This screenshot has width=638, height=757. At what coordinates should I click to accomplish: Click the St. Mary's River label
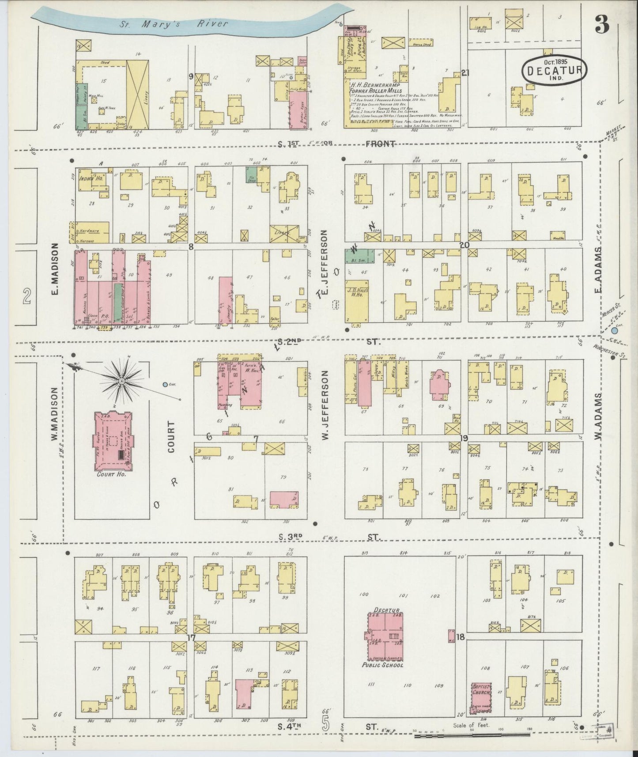pyautogui.click(x=174, y=23)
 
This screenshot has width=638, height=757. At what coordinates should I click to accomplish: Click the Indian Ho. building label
pyautogui.click(x=88, y=180)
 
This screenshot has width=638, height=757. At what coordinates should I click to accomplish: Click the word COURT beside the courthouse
pyautogui.click(x=171, y=437)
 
